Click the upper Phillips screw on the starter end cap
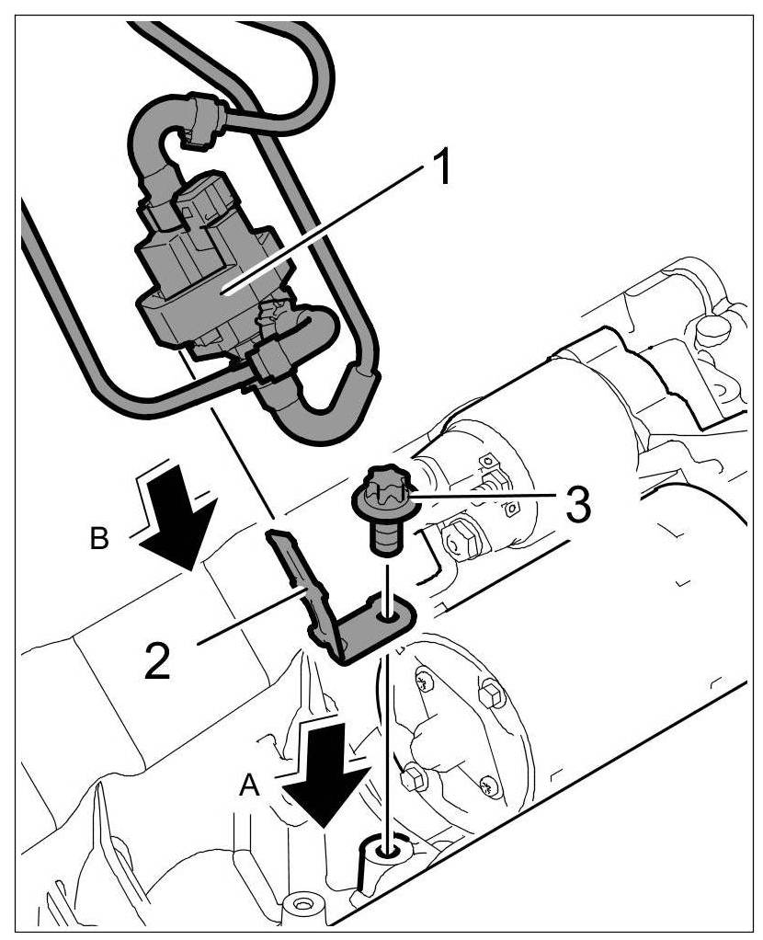pyautogui.click(x=422, y=682)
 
